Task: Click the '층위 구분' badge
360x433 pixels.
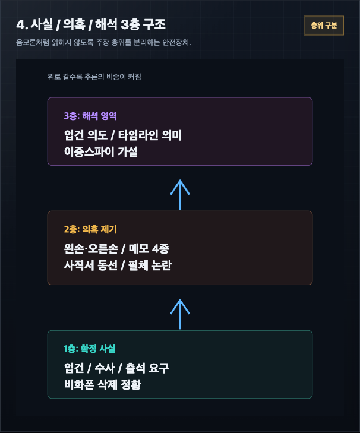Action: pyautogui.click(x=324, y=26)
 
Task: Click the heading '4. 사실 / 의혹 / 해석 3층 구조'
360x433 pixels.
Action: pyautogui.click(x=91, y=24)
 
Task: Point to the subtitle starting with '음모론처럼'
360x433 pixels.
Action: pyautogui.click(x=103, y=42)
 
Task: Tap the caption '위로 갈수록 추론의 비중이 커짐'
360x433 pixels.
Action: pyautogui.click(x=94, y=77)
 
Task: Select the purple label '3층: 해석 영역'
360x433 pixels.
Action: pyautogui.click(x=90, y=116)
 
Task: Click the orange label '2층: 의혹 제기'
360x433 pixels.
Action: pyautogui.click(x=90, y=229)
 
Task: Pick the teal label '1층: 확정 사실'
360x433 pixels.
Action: pyautogui.click(x=90, y=349)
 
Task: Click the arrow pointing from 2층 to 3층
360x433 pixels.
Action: pyautogui.click(x=180, y=194)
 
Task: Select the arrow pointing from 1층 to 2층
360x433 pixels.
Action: pyautogui.click(x=180, y=314)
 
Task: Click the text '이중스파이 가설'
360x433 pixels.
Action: pyautogui.click(x=101, y=151)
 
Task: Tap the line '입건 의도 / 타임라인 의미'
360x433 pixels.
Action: pyautogui.click(x=122, y=135)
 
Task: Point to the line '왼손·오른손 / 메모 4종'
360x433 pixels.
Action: pyautogui.click(x=116, y=248)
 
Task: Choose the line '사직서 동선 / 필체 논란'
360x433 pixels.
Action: pyautogui.click(x=118, y=265)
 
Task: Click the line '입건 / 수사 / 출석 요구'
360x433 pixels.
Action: pyautogui.click(x=116, y=368)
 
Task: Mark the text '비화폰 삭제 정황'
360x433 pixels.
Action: pyautogui.click(x=103, y=384)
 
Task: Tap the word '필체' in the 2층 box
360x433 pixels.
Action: pyautogui.click(x=138, y=265)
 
